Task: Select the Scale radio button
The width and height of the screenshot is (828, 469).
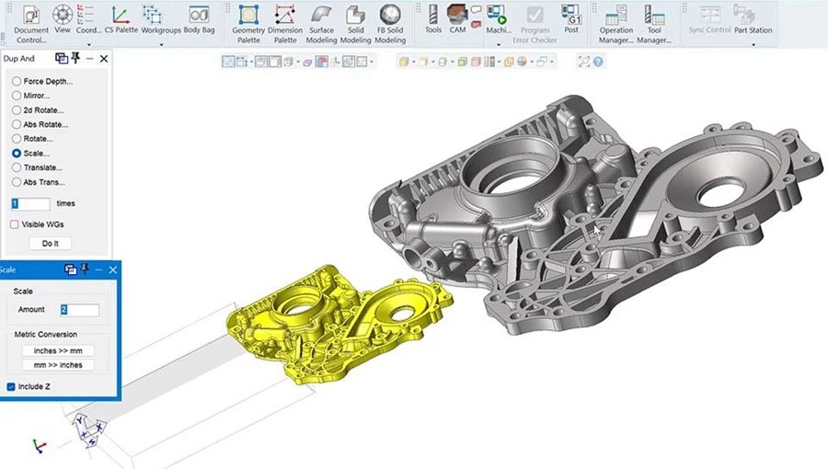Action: (17, 153)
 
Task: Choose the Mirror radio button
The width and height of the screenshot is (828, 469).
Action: (17, 96)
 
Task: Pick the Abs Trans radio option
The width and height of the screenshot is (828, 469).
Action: (17, 182)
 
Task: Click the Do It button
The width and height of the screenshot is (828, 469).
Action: (51, 243)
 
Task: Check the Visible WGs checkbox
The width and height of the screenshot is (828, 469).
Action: (14, 224)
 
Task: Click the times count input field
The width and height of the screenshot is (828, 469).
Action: (30, 203)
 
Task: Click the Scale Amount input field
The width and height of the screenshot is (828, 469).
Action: (80, 310)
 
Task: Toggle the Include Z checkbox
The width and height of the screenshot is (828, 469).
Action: (11, 387)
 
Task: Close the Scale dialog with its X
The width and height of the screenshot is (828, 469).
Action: (113, 269)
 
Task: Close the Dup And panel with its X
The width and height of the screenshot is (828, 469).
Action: (104, 59)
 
